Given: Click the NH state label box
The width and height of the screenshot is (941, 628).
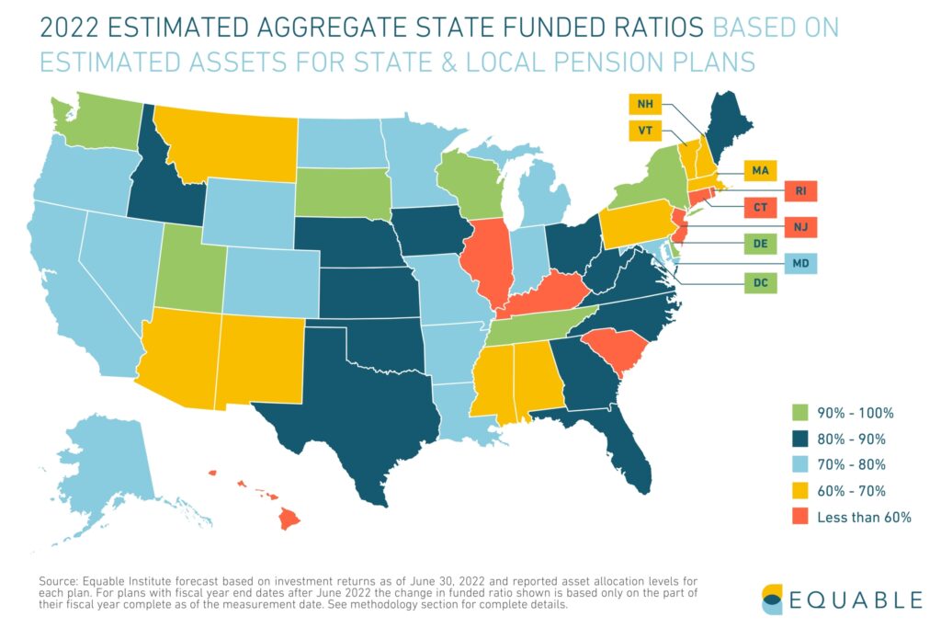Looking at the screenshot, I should click(645, 104).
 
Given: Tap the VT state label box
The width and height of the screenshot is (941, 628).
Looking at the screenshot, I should click(645, 131).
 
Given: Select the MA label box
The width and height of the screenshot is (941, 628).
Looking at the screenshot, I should click(759, 171).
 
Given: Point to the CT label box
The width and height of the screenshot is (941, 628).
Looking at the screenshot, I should click(759, 209).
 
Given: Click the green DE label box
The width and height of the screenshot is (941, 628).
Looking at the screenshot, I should click(759, 245).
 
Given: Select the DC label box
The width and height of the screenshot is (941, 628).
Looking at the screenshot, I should click(759, 283).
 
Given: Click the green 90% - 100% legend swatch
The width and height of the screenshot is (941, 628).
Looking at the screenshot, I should click(800, 413).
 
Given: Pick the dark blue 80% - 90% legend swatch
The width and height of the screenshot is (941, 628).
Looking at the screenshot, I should click(800, 439).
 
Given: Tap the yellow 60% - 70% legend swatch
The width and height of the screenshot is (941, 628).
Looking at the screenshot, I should click(800, 491).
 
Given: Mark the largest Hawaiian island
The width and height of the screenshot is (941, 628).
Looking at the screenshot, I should click(289, 520).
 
